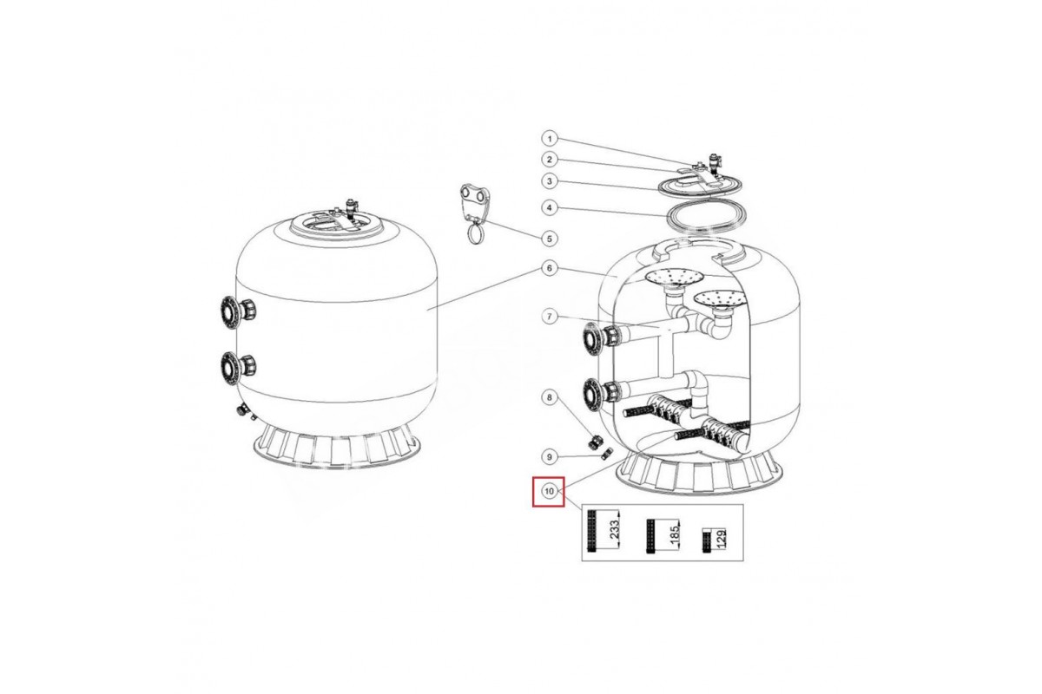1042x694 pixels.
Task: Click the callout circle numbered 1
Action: (550, 139)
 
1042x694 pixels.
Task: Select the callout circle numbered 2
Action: (550, 160)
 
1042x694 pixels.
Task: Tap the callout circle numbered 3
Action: (550, 181)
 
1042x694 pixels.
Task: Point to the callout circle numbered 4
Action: (550, 208)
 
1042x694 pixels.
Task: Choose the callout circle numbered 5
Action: (550, 239)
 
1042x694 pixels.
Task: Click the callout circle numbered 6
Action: (550, 268)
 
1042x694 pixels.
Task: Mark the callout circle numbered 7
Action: (550, 317)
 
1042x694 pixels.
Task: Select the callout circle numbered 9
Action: (550, 457)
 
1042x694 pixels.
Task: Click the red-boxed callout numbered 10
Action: (549, 491)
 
